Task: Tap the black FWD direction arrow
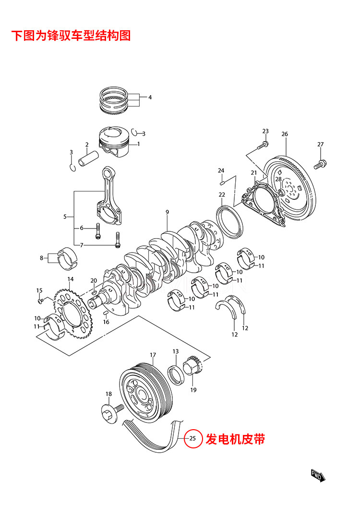click(x=318, y=475)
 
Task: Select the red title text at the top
click(x=71, y=36)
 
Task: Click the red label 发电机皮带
click(x=235, y=439)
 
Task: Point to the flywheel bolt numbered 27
click(x=320, y=165)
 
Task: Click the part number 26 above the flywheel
click(x=285, y=134)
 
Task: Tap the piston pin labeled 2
click(x=88, y=158)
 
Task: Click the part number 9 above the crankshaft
click(x=168, y=212)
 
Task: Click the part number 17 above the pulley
click(x=153, y=355)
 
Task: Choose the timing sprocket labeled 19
click(x=192, y=365)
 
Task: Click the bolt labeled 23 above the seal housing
click(x=263, y=145)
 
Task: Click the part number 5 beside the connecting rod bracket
click(x=65, y=217)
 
